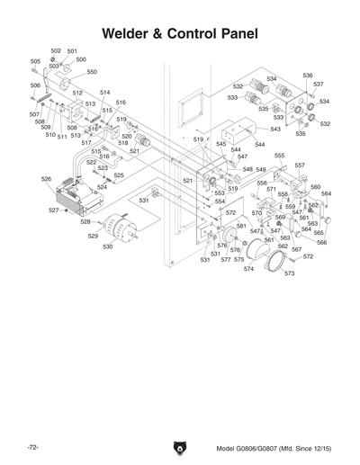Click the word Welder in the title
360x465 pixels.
129,34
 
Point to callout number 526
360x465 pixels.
46,179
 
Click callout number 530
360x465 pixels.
107,246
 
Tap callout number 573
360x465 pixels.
289,273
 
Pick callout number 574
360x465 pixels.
248,268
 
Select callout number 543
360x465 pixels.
274,130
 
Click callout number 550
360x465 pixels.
92,71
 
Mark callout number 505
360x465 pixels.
35,61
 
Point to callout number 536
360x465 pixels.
307,76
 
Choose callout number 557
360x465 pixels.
299,165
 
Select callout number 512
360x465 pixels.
77,93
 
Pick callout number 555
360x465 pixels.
279,156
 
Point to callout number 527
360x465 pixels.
54,210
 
